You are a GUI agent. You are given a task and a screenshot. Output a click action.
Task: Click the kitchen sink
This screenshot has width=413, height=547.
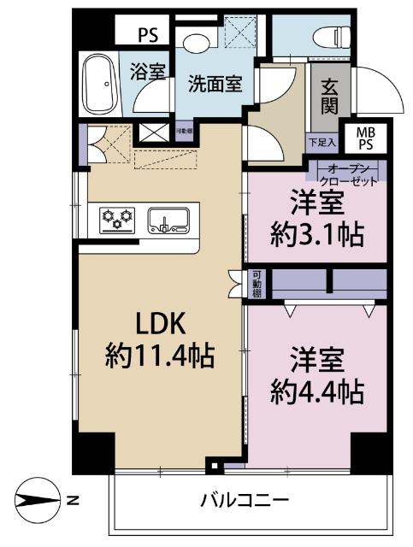point(167,221)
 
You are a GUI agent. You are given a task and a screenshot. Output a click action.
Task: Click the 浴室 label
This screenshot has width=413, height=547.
point(148,72)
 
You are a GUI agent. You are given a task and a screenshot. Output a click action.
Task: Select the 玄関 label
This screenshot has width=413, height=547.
point(328,99)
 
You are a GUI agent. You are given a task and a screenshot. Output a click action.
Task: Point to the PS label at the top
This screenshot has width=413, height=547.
point(149,37)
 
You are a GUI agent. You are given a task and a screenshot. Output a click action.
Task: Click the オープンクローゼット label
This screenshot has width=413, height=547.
point(351,174)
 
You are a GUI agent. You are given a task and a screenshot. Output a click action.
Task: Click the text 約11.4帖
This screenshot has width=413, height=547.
point(159,353)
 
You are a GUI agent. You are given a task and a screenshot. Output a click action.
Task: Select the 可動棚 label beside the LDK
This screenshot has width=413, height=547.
point(256,285)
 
